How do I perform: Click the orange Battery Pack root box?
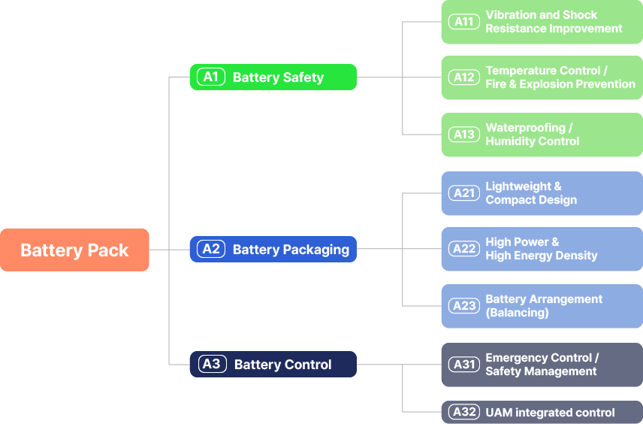click(74, 250)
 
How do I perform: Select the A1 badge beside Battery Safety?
click(211, 77)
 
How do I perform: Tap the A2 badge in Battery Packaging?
click(211, 249)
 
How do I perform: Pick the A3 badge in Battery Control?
click(212, 365)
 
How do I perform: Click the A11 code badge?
click(463, 22)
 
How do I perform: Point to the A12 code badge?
click(463, 77)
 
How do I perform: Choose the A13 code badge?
click(463, 135)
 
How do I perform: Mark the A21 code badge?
click(463, 193)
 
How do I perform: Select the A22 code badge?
click(463, 249)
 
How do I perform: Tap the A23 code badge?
click(463, 306)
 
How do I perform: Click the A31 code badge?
click(463, 365)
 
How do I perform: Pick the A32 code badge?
click(463, 412)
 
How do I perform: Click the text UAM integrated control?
click(550, 413)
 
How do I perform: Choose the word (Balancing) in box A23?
click(517, 313)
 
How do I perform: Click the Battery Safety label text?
click(278, 77)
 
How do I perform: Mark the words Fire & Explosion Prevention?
click(560, 84)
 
